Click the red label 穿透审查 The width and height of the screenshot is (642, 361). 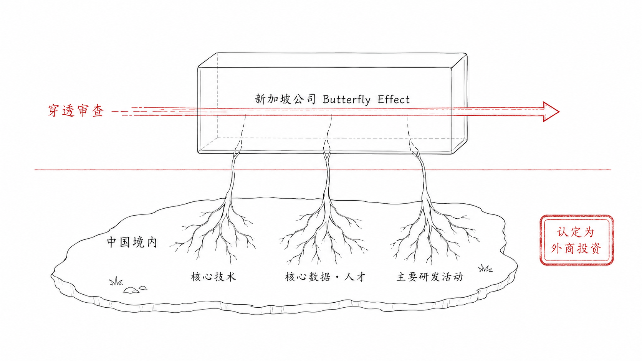(76, 111)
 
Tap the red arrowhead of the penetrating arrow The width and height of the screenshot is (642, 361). (551, 112)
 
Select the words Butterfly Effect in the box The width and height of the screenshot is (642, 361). (366, 100)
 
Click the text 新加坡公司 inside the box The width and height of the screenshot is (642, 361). (285, 99)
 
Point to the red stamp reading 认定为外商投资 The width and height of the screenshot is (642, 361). (576, 240)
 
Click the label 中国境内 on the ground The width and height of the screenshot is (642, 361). (132, 242)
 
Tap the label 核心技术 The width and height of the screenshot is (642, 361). (213, 277)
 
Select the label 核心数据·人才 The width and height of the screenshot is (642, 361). (325, 277)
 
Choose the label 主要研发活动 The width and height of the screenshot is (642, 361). (430, 277)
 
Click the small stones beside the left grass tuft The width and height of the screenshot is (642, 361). (134, 290)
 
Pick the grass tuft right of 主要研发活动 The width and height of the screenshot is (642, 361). (485, 268)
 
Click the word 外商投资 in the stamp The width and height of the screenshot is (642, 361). (576, 249)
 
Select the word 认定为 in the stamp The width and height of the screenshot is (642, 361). (576, 232)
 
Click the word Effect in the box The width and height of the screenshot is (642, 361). (394, 100)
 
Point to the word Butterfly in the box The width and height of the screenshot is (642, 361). (346, 100)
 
